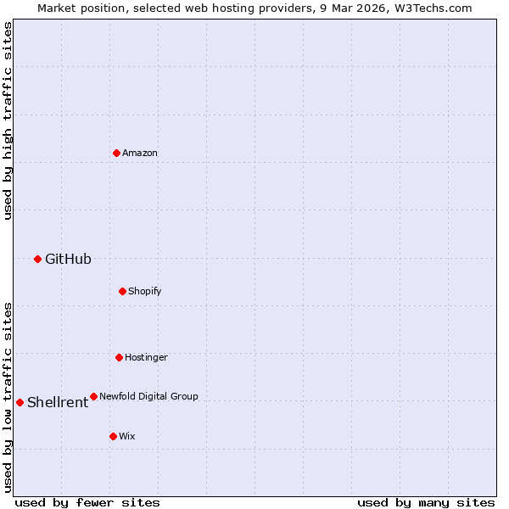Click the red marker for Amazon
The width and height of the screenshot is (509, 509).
(x=116, y=153)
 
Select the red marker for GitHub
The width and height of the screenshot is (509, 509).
(x=37, y=259)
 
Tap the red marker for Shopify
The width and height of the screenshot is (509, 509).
(x=122, y=291)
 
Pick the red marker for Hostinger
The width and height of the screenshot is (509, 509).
(x=119, y=357)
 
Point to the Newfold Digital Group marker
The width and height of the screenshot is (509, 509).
(x=93, y=396)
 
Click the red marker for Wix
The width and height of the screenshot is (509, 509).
(x=113, y=436)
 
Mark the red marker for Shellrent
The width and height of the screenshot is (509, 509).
(x=20, y=402)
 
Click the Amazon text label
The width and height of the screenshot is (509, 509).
(x=140, y=153)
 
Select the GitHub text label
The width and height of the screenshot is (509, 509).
(x=68, y=260)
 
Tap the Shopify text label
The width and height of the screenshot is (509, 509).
(x=145, y=291)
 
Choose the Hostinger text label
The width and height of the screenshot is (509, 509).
(x=146, y=357)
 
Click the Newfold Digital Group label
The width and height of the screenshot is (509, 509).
(x=148, y=396)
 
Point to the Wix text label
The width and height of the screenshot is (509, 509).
(x=127, y=436)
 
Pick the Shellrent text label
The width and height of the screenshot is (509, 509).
(x=58, y=403)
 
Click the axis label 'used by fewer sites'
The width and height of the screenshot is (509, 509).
(x=87, y=502)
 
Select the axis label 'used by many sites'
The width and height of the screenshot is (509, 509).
(x=426, y=502)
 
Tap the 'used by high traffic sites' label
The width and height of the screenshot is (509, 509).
(x=8, y=120)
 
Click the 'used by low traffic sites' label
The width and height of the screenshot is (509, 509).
(x=8, y=396)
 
